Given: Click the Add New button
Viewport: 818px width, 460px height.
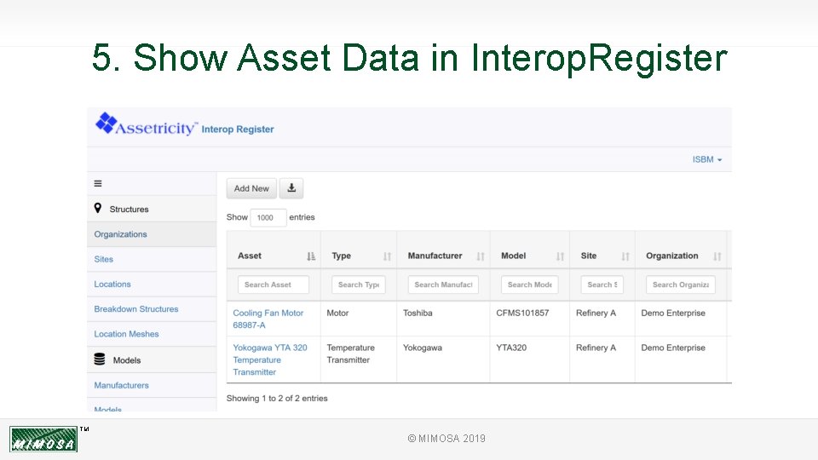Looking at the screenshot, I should pyautogui.click(x=251, y=188).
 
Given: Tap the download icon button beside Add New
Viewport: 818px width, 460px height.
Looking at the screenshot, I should pyautogui.click(x=291, y=188).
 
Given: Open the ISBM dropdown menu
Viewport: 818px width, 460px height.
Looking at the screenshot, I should pyautogui.click(x=706, y=159).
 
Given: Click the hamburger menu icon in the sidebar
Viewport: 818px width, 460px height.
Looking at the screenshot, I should pyautogui.click(x=98, y=183).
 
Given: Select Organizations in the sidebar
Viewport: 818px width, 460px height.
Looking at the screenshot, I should pyautogui.click(x=120, y=234).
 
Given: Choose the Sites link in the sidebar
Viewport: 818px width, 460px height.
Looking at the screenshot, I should pyautogui.click(x=104, y=259).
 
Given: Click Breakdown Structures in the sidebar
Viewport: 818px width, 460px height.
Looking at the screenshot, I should pyautogui.click(x=136, y=309).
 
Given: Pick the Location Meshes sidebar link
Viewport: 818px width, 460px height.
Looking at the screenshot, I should pyautogui.click(x=126, y=334).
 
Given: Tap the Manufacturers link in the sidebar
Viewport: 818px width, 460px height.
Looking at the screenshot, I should pyautogui.click(x=121, y=385).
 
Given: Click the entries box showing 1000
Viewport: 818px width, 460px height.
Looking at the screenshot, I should pyautogui.click(x=268, y=217).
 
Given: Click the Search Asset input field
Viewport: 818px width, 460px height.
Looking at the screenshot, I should pyautogui.click(x=273, y=285).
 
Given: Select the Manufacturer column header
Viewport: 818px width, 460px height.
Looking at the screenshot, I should pyautogui.click(x=435, y=256).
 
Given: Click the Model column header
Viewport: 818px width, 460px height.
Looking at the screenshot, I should pyautogui.click(x=514, y=256).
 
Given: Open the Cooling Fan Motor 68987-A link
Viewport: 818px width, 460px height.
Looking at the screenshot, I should pyautogui.click(x=268, y=319).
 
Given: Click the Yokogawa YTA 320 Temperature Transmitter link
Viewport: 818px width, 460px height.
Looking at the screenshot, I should pyautogui.click(x=269, y=359).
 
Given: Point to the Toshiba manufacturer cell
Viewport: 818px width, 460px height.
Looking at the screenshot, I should pyautogui.click(x=418, y=313).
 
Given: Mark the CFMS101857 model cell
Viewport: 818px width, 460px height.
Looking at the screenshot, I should pyautogui.click(x=522, y=313).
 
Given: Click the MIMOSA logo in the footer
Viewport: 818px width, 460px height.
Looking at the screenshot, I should pyautogui.click(x=43, y=440).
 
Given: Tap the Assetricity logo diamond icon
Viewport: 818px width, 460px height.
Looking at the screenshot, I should pyautogui.click(x=105, y=124).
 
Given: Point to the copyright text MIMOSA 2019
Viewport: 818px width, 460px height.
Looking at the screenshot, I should pyautogui.click(x=446, y=439).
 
